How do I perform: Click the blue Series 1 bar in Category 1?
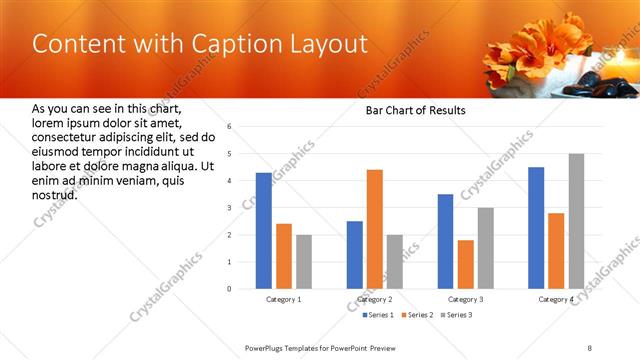click(263, 231)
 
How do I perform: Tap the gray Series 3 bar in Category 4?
click(576, 221)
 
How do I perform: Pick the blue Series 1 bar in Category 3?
click(445, 241)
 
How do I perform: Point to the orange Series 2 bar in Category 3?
click(465, 264)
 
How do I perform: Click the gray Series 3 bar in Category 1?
click(303, 262)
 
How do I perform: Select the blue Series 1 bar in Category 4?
click(536, 228)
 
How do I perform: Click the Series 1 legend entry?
click(381, 315)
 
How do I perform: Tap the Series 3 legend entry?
click(459, 315)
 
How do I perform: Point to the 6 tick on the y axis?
click(229, 127)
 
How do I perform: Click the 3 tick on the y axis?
click(229, 208)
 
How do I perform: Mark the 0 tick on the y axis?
click(229, 289)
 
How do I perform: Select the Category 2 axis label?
click(375, 300)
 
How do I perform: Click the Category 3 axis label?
click(465, 300)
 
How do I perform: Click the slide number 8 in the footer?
click(589, 347)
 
